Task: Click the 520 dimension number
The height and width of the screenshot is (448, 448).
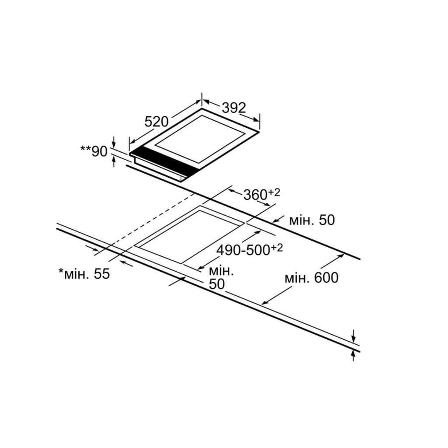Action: pos(156,122)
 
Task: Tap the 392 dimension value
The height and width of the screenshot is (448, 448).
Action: pos(234,108)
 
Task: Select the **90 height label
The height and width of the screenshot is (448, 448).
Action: pos(94,151)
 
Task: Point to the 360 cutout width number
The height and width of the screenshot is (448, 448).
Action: pos(255,195)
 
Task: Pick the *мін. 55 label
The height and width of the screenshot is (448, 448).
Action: pos(84,274)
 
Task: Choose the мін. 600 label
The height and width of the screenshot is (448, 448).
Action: pos(311,277)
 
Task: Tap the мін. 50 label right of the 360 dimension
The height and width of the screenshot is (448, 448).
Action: pos(311,220)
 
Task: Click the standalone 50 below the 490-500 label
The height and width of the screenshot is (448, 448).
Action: pos(217,284)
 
